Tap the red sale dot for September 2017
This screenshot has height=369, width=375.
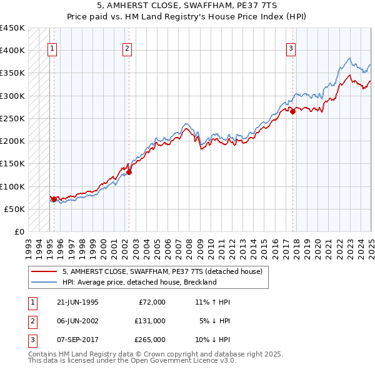[x=293, y=112]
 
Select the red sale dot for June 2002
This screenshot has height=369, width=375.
[x=129, y=172]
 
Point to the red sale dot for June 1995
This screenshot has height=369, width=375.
[x=54, y=199]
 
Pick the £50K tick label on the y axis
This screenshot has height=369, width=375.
[x=14, y=209]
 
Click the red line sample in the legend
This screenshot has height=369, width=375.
[x=44, y=271]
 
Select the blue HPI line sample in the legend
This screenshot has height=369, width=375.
[x=44, y=282]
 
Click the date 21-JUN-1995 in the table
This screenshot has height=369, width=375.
[x=77, y=302]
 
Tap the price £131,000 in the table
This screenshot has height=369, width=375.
[x=150, y=320]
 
